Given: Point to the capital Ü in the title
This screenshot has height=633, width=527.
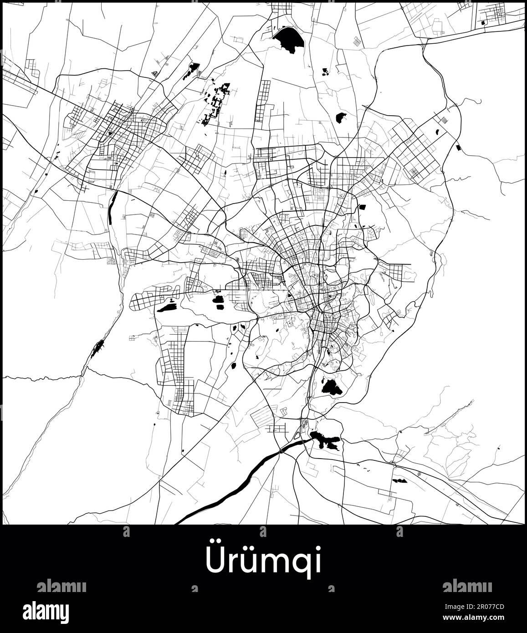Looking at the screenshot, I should [x=216, y=561].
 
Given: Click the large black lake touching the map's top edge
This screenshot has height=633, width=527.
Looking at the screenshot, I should [x=288, y=39].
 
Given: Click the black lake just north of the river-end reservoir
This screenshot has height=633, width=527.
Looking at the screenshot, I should [x=332, y=387].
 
